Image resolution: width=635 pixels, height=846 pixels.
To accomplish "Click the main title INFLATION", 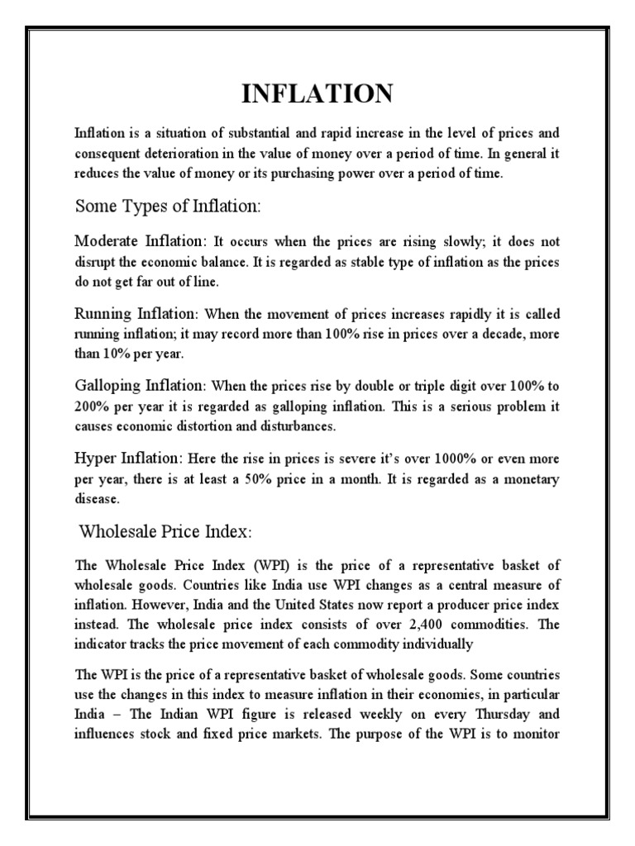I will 317,94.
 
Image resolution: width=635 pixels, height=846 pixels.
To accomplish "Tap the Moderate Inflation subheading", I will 139,241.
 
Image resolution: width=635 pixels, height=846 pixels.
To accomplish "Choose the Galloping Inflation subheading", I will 141,386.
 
